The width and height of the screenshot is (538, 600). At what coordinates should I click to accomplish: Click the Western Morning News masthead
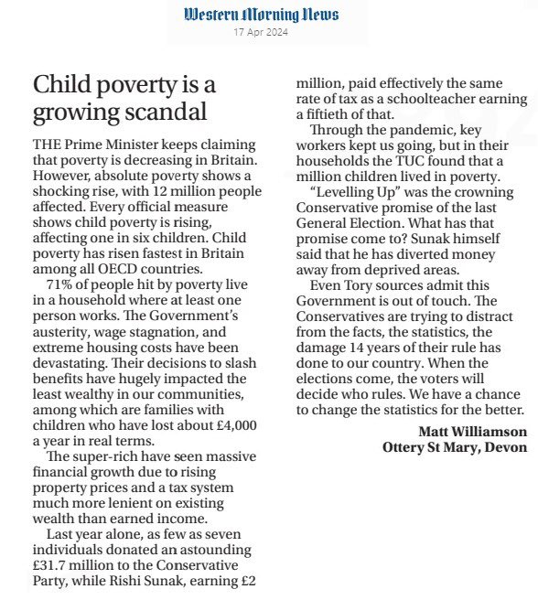coord(261,15)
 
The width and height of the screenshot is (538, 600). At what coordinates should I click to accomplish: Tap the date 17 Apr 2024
coord(261,34)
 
